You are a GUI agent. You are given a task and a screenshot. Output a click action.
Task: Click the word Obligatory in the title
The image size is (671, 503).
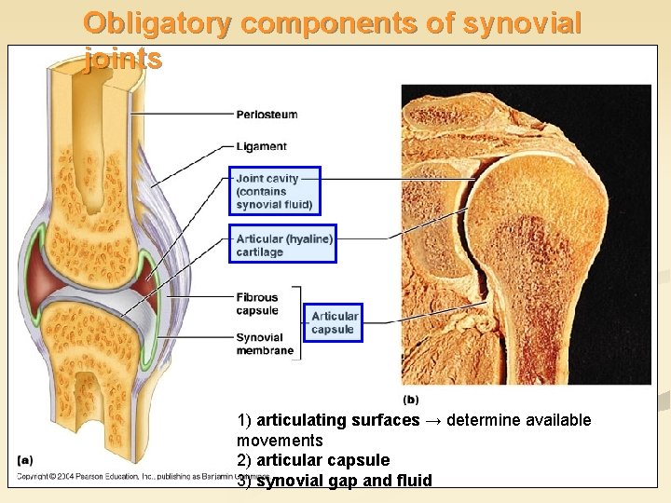click(155, 23)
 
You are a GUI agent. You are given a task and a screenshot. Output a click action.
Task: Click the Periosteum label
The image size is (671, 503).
click(267, 115)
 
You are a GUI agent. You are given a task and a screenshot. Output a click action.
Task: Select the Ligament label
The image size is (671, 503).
click(261, 146)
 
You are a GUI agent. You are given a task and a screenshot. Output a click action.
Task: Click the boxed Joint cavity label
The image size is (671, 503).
click(274, 191)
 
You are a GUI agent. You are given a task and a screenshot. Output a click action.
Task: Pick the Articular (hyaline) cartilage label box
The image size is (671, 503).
click(283, 244)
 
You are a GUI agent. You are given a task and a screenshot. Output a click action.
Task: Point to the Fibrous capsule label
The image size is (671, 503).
click(257, 304)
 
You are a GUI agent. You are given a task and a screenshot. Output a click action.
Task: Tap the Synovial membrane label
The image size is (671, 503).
click(265, 344)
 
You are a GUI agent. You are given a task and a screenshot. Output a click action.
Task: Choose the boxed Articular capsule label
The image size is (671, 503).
click(334, 322)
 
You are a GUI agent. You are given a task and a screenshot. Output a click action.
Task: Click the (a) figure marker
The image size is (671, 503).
click(25, 458)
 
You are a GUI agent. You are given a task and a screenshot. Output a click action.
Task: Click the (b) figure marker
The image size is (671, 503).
click(410, 400)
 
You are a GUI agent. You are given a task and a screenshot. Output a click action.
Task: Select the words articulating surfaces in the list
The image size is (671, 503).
click(337, 420)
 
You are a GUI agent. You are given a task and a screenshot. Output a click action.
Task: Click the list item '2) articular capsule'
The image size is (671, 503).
click(313, 460)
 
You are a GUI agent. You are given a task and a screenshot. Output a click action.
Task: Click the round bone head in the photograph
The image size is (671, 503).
click(541, 224)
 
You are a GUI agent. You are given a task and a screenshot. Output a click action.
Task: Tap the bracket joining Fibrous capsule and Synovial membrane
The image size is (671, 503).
click(300, 323)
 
